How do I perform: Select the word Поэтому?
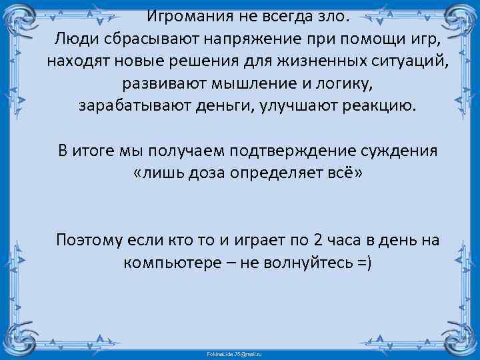pyautogui.click(x=89, y=240)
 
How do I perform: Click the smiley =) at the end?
pyautogui.click(x=366, y=263)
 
